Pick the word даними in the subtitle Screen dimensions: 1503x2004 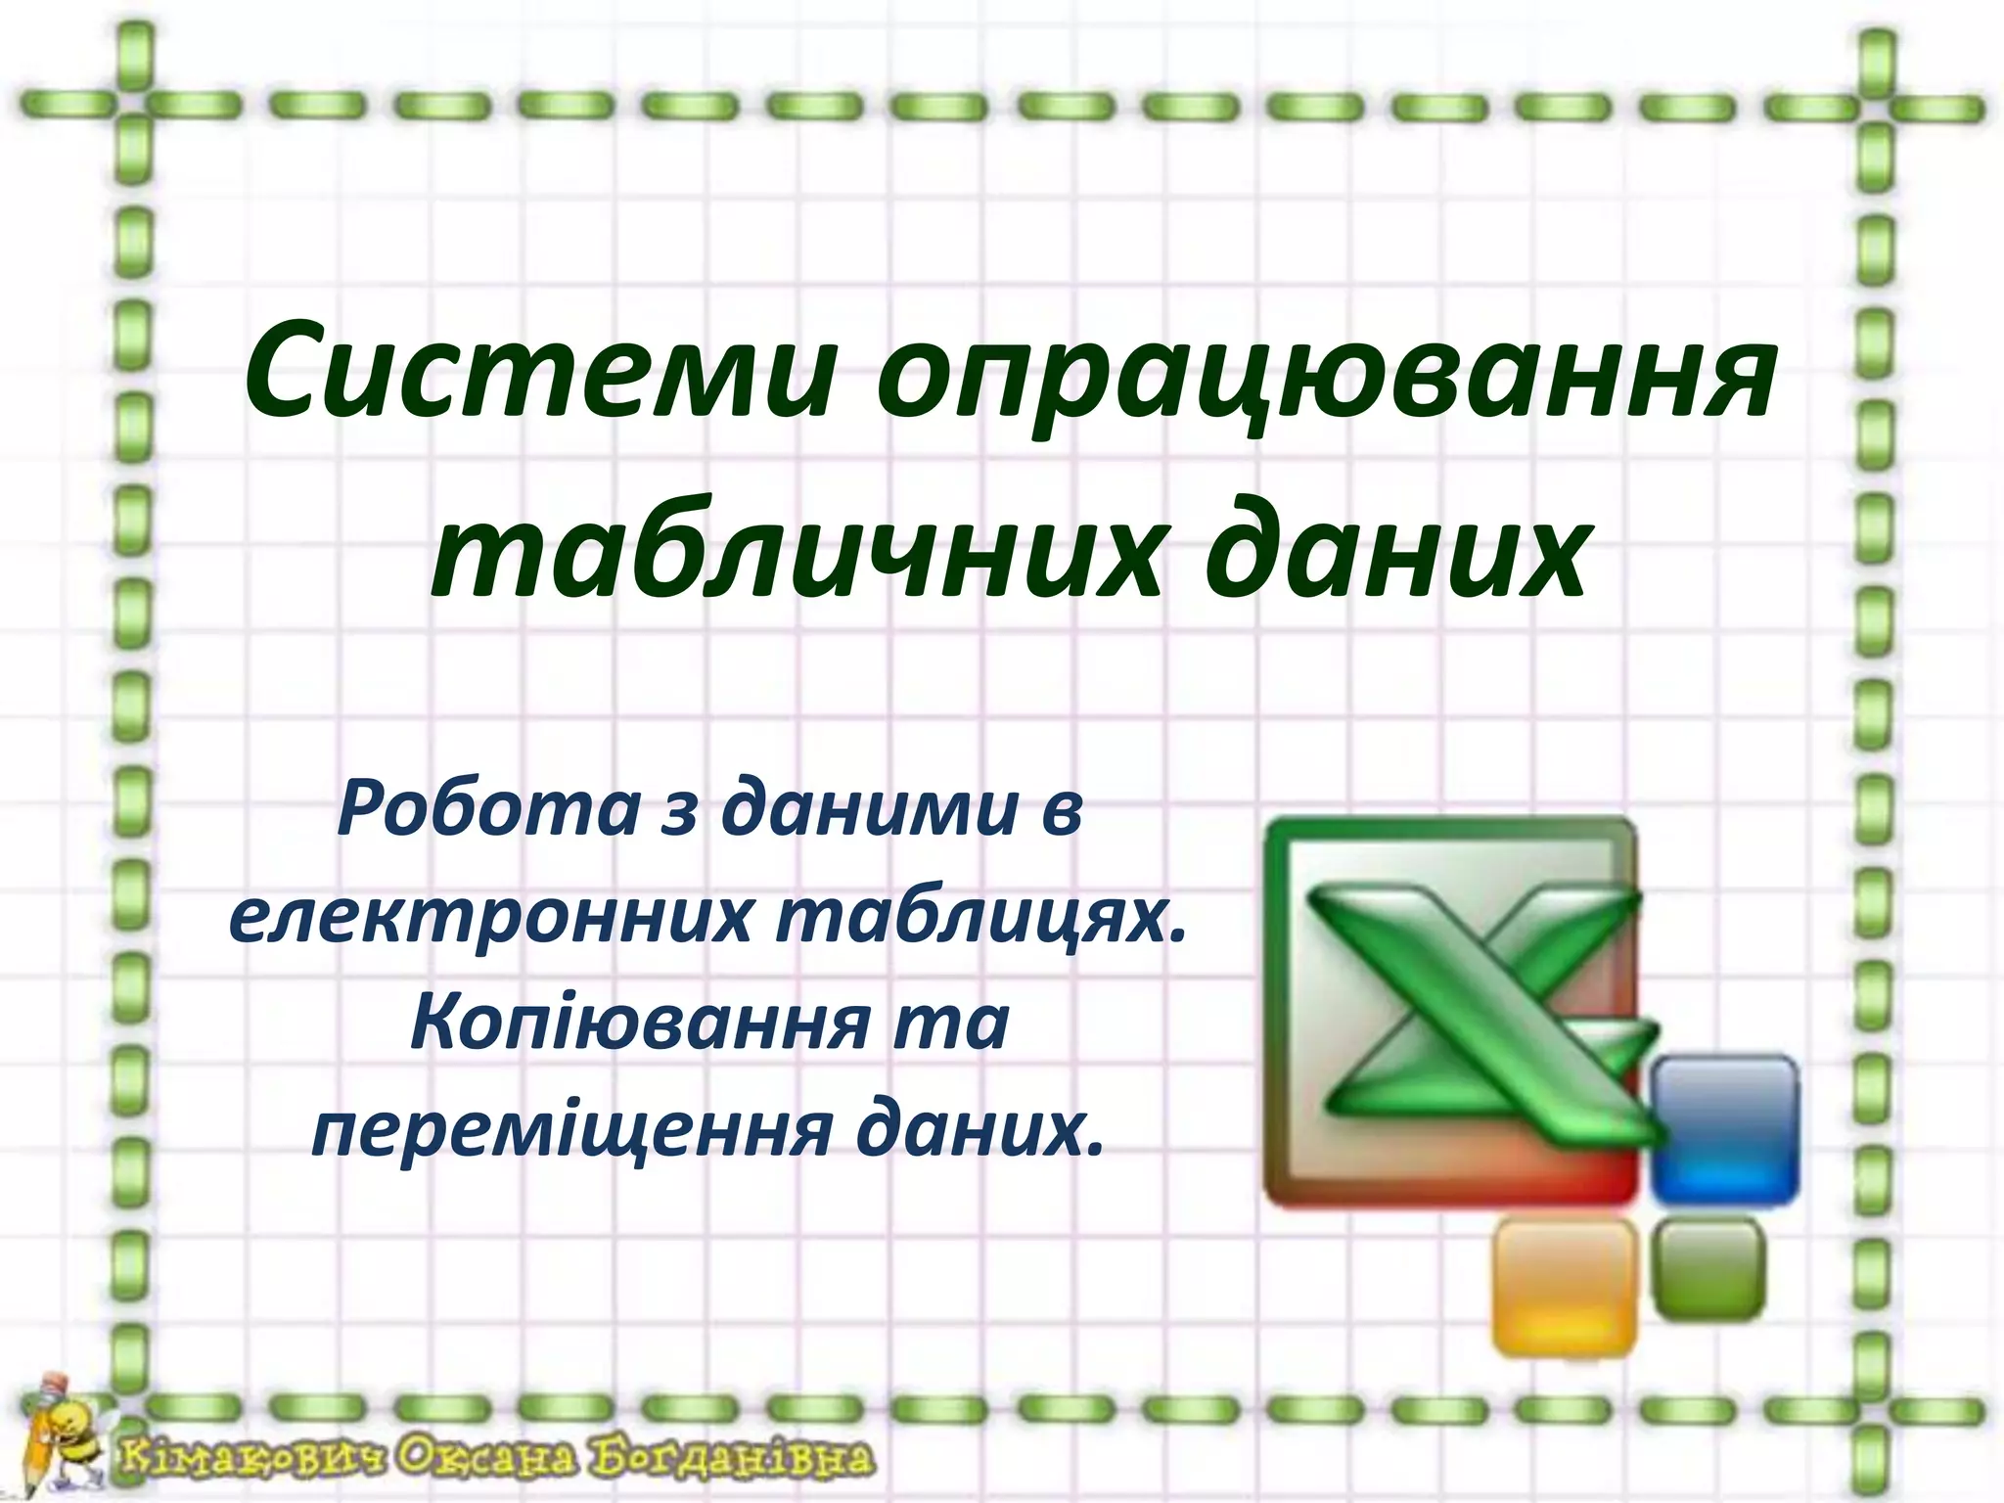[870, 811]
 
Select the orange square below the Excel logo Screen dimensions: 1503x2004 [1564, 1287]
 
